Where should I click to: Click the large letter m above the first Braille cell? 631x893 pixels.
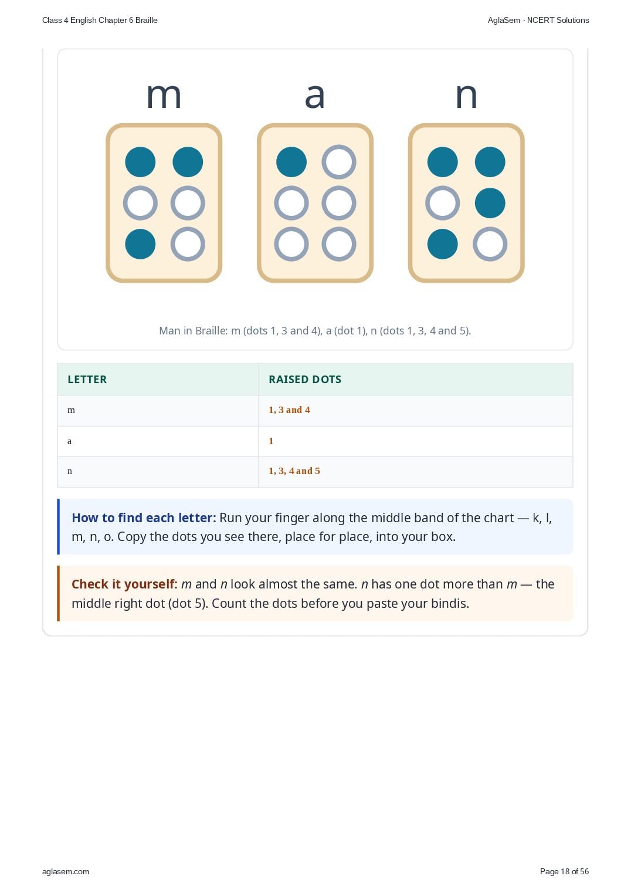(x=164, y=96)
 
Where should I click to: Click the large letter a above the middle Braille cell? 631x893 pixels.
(x=315, y=96)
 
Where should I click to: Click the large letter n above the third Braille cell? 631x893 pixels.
(x=466, y=96)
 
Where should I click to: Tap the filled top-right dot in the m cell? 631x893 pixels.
(x=188, y=162)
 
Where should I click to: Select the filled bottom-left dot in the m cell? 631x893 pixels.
(x=140, y=244)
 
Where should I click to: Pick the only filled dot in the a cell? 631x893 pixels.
(x=291, y=162)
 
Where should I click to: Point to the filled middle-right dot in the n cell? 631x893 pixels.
(x=490, y=203)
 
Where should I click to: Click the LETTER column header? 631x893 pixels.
(x=87, y=379)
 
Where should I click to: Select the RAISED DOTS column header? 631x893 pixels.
(x=305, y=379)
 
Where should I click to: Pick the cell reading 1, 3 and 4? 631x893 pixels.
(x=289, y=410)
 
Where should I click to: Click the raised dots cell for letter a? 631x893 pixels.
(x=271, y=441)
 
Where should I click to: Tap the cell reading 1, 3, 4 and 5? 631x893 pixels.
(x=294, y=471)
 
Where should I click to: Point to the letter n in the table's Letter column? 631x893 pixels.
(x=70, y=471)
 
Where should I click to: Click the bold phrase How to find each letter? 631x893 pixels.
(x=144, y=517)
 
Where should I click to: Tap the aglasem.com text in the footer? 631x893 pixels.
(x=66, y=871)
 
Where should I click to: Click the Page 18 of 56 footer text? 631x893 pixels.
(x=564, y=871)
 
